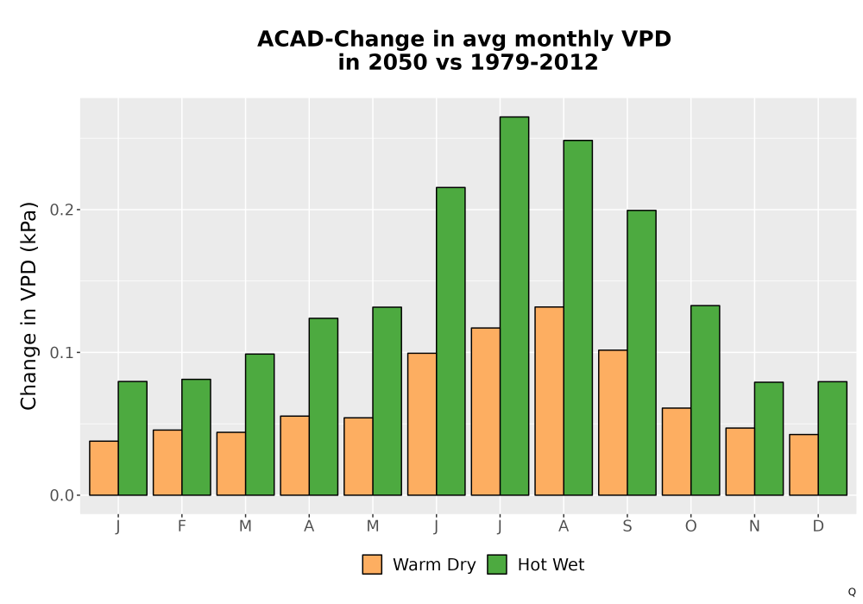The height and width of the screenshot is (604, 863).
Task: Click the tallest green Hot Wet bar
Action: (x=514, y=305)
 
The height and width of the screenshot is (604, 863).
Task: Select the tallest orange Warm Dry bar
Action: (x=549, y=401)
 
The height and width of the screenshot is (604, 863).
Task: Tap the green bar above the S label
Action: (x=642, y=353)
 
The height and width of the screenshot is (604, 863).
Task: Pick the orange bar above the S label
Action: (x=613, y=423)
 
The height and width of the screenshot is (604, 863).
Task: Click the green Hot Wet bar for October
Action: (x=705, y=400)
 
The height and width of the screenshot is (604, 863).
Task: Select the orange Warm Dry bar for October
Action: (x=677, y=451)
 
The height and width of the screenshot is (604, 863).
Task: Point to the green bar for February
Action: (x=196, y=437)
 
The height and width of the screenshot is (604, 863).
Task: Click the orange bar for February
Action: (x=167, y=462)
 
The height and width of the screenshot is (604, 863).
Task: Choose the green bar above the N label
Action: (x=769, y=438)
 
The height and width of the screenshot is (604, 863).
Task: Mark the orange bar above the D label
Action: (x=803, y=465)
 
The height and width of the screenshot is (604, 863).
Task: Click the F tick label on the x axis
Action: (x=181, y=526)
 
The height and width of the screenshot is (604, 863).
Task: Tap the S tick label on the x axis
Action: (x=627, y=526)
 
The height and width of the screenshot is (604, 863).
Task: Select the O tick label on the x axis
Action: (x=690, y=526)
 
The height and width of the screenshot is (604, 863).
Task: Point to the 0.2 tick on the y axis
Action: (x=60, y=210)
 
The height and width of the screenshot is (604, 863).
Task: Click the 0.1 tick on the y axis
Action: (x=60, y=353)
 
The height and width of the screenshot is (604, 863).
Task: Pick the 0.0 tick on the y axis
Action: (x=60, y=495)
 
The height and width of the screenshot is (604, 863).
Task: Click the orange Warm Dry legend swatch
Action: (x=372, y=564)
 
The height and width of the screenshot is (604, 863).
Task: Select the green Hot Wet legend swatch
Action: (x=497, y=564)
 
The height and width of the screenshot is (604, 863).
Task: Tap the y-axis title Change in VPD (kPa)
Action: (x=28, y=305)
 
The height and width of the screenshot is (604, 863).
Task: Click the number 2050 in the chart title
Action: (x=397, y=62)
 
